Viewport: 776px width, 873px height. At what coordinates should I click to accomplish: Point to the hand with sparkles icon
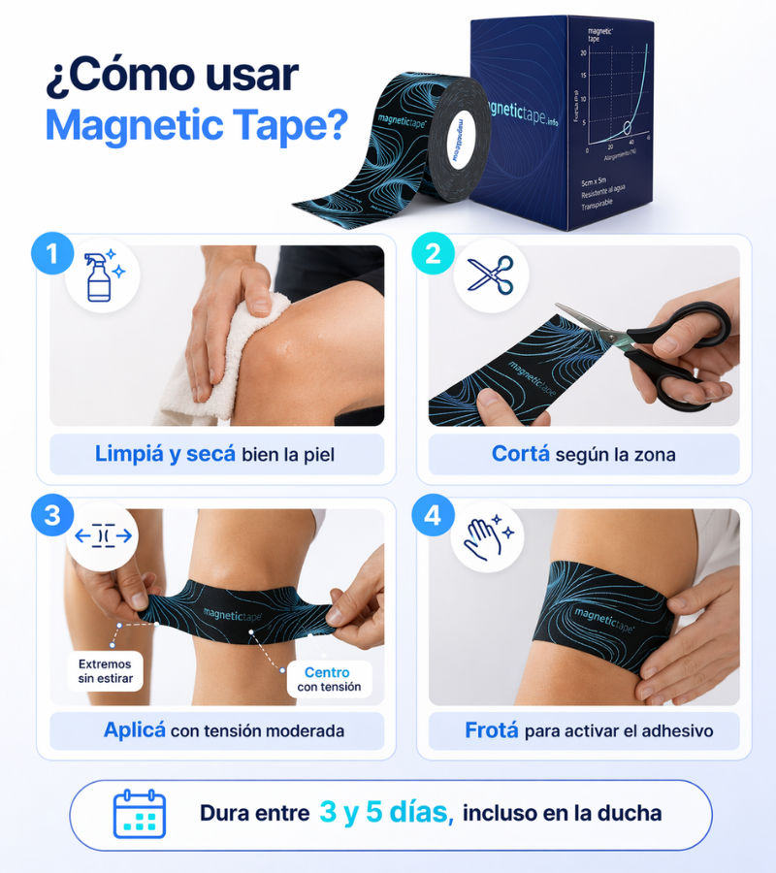(x=490, y=536)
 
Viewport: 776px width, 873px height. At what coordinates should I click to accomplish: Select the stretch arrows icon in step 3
(x=103, y=536)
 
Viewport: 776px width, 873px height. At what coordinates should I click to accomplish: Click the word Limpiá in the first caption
(x=129, y=454)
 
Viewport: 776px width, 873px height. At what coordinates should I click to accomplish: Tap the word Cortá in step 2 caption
(x=521, y=454)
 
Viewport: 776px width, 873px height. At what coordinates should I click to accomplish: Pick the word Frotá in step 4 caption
(x=491, y=730)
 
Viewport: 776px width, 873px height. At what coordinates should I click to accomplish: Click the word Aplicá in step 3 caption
(x=135, y=730)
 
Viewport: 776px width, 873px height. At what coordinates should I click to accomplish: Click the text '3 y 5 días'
(x=386, y=813)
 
